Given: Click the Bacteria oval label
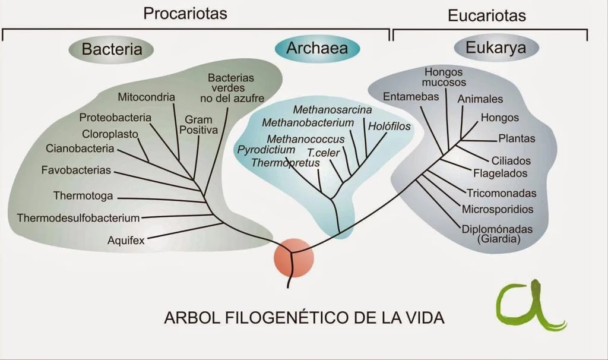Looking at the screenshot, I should [112, 49].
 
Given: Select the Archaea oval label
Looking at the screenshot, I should [317, 48].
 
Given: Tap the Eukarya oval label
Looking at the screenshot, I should [496, 48].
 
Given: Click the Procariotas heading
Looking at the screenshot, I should [185, 13].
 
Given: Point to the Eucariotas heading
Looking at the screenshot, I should [486, 15].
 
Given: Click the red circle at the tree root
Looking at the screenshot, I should [293, 257].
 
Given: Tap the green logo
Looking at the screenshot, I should [531, 307].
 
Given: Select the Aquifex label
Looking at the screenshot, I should [126, 241].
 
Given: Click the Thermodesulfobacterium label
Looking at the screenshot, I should [78, 217].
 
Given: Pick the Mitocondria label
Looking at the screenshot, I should [146, 97].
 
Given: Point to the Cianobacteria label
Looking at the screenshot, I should [80, 148].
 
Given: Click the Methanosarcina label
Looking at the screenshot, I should [332, 110].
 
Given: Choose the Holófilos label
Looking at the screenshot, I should [389, 126].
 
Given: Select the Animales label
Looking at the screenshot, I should [480, 99].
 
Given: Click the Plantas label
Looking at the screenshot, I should [517, 138].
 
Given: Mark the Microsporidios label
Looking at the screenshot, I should [498, 209].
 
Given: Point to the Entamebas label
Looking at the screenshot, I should [411, 96].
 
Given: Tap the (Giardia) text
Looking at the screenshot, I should [499, 239].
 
